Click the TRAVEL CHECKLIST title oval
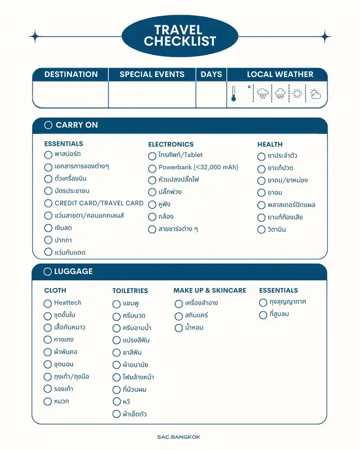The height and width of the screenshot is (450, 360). click(179, 36)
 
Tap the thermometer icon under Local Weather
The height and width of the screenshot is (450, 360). click(233, 94)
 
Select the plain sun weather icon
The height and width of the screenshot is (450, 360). click(296, 93)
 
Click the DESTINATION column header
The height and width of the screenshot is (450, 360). click(71, 74)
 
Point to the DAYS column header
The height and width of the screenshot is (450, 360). click(211, 74)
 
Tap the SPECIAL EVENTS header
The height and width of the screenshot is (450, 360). click(152, 74)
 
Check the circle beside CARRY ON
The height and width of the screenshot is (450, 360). click(48, 125)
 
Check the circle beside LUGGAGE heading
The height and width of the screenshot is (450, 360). click(48, 271)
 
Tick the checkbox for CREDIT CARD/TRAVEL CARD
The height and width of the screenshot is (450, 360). click(48, 204)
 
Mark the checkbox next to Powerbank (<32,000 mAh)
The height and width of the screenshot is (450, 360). click(152, 168)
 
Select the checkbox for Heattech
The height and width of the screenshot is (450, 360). click(48, 303)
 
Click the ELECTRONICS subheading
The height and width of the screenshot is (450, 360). click(170, 145)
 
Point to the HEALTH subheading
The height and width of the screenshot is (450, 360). click(270, 145)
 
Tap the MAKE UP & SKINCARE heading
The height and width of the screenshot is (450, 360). click(209, 290)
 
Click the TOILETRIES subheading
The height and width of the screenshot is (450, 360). click(130, 291)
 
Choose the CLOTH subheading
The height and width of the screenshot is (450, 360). click(55, 290)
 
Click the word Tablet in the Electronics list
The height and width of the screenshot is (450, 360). click(193, 155)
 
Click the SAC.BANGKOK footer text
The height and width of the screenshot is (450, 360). click(179, 436)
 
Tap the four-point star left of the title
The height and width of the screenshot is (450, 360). click(35, 37)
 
